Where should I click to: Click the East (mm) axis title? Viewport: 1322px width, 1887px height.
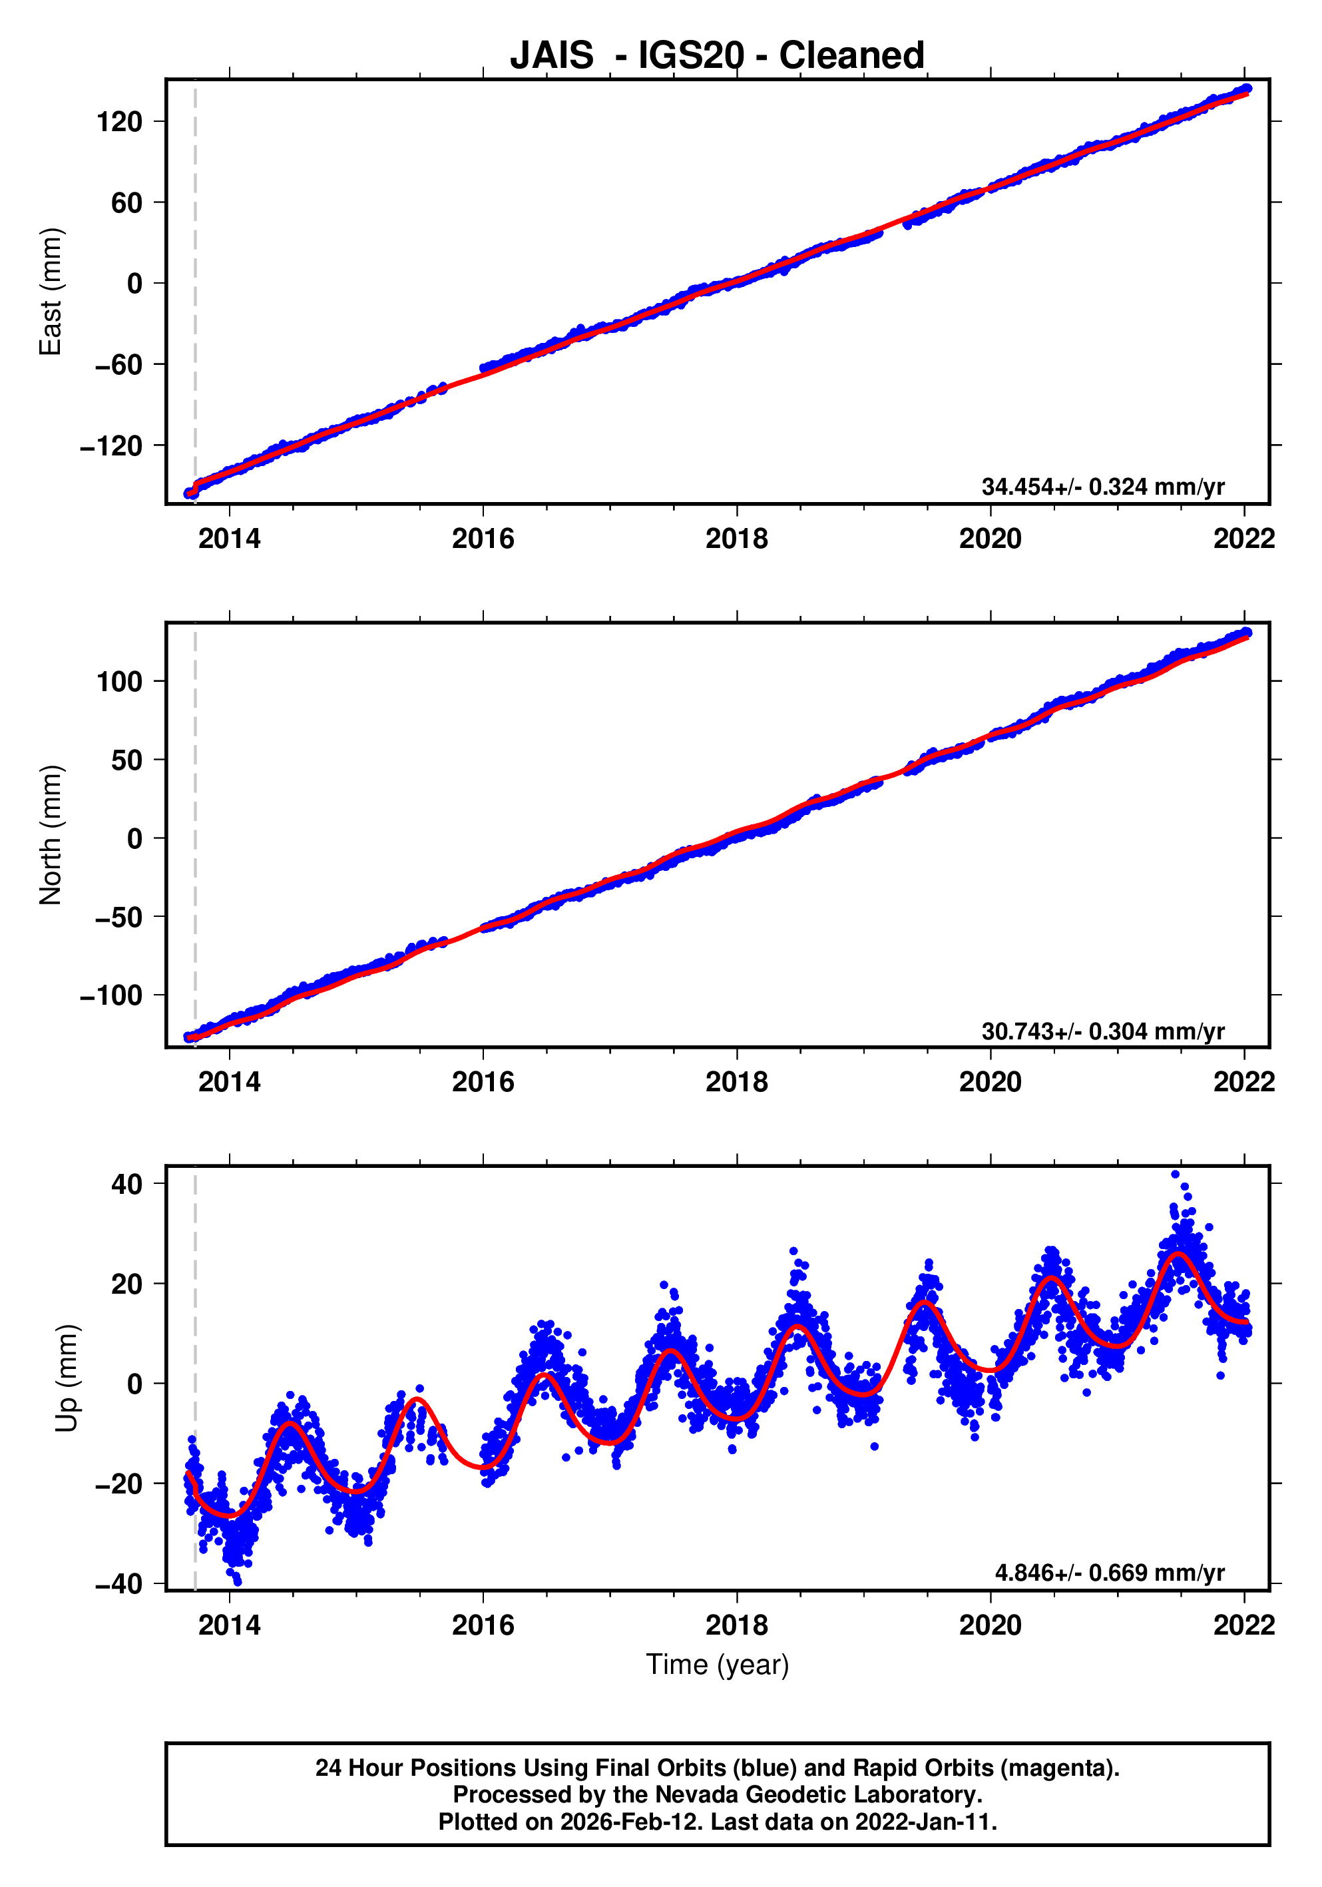tap(51, 292)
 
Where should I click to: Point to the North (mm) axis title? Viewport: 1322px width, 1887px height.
tap(51, 835)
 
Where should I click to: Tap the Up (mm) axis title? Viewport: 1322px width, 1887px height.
tap(67, 1378)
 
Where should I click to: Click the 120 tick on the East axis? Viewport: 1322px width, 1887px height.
tap(120, 123)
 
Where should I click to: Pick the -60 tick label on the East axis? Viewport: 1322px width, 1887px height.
tap(118, 365)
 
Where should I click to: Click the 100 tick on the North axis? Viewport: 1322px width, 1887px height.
tap(120, 682)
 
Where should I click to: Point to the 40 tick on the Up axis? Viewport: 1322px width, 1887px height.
tap(127, 1185)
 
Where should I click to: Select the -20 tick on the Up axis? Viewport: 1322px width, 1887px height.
tap(118, 1484)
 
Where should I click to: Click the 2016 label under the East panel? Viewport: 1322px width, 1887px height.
tap(483, 539)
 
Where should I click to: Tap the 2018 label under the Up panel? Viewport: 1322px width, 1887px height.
tap(736, 1625)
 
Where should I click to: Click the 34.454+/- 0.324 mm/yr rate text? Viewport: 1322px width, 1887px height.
tap(1102, 487)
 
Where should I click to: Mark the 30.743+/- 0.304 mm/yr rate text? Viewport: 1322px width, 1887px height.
tap(1102, 1031)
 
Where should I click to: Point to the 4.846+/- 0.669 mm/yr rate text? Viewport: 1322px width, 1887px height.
tap(1109, 1573)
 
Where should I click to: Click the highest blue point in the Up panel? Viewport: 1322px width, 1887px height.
tap(1175, 1175)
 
